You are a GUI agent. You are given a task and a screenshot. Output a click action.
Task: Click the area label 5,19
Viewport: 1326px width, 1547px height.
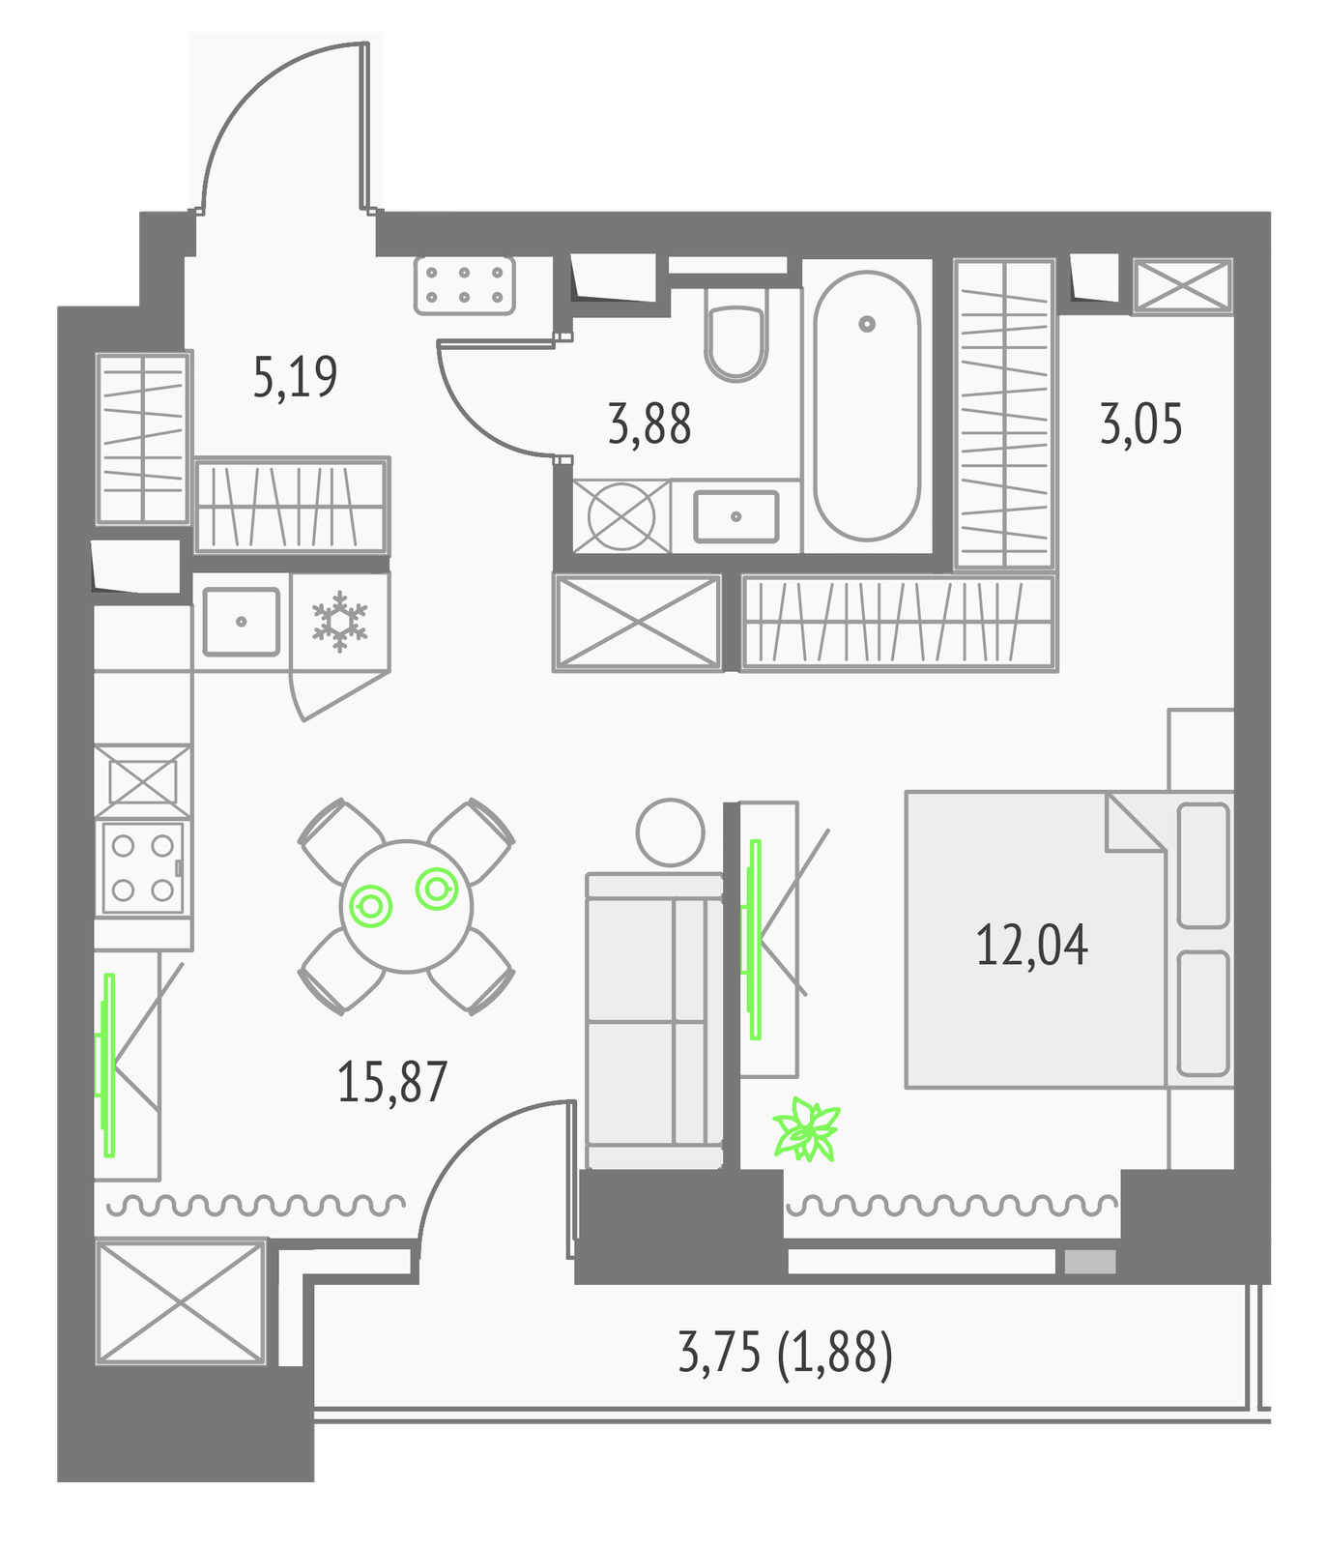[295, 377]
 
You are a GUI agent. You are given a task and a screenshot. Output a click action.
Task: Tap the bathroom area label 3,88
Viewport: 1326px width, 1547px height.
[649, 424]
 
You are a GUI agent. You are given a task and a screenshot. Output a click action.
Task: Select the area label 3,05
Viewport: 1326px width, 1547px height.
[1140, 424]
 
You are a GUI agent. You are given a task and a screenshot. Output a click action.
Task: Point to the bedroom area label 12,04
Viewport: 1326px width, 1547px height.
[1031, 945]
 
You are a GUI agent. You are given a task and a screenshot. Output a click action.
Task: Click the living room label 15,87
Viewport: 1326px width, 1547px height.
[391, 1082]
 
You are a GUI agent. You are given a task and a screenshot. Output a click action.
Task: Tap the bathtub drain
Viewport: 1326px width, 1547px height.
[867, 324]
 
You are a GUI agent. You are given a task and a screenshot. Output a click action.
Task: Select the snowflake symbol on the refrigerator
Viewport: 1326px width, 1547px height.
[340, 622]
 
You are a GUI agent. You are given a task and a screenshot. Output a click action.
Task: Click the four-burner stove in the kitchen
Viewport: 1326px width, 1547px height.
[143, 867]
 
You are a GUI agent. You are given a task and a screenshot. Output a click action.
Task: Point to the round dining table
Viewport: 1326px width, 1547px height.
[406, 906]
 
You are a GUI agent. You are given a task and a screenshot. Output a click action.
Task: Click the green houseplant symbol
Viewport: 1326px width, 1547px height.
[806, 1128]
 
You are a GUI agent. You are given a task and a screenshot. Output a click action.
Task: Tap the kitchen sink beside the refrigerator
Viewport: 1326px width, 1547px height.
[242, 622]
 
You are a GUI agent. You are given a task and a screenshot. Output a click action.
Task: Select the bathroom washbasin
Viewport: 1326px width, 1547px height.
[736, 516]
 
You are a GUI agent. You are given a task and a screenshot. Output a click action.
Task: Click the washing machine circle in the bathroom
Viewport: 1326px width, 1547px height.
[621, 516]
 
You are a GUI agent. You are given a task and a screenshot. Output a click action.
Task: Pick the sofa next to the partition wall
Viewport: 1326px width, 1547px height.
[654, 1021]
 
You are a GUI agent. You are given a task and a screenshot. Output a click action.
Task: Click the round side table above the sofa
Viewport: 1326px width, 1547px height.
[670, 832]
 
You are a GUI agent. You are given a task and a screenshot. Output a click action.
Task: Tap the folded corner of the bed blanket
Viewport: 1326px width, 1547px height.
[1135, 823]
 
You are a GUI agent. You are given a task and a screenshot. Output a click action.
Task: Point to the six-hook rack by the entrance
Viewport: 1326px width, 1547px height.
[465, 285]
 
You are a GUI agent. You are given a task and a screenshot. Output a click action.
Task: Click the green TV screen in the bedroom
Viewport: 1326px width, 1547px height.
[755, 939]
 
